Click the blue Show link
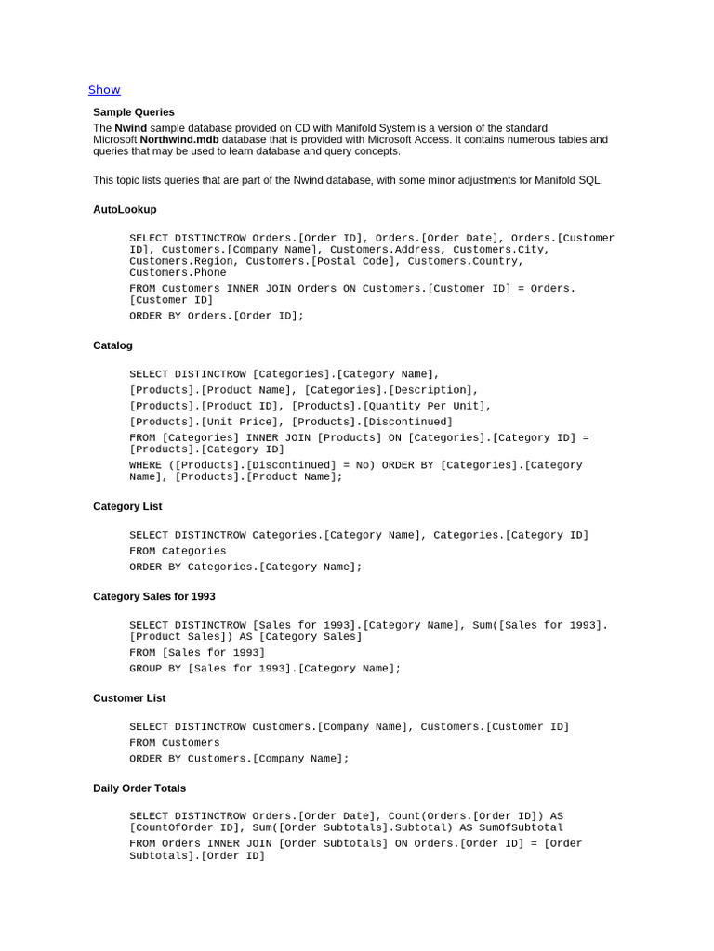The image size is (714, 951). [104, 90]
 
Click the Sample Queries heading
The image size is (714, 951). [134, 112]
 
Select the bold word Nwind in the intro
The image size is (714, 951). [131, 128]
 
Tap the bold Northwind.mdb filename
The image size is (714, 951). [179, 139]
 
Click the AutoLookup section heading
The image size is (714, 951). [125, 209]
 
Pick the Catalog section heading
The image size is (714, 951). [112, 345]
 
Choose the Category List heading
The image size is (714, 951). [127, 506]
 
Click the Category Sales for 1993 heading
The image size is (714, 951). [154, 596]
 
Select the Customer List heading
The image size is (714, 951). [129, 698]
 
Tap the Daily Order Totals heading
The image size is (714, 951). [139, 788]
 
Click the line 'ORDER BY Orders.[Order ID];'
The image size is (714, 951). [217, 316]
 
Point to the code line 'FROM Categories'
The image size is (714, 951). [178, 551]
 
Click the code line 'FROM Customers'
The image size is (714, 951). [175, 743]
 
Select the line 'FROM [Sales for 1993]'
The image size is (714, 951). [197, 653]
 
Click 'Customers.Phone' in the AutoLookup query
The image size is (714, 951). [178, 273]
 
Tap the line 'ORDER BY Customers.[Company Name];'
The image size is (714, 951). [239, 759]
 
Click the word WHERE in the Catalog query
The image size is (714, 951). [145, 465]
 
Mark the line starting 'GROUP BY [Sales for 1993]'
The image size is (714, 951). [265, 669]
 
